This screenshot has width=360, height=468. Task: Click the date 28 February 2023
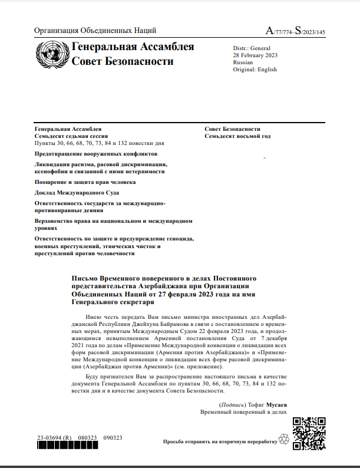[256, 55]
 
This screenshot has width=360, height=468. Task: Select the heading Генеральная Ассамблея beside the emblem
[133, 47]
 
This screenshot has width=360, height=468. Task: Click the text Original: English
[255, 69]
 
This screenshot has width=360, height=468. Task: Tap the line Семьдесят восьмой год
[237, 136]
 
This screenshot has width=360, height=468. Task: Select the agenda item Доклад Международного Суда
[77, 193]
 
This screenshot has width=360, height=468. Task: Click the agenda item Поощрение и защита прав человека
[85, 182]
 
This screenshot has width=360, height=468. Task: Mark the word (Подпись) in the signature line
[230, 404]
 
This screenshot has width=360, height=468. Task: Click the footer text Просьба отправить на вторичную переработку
[220, 441]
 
